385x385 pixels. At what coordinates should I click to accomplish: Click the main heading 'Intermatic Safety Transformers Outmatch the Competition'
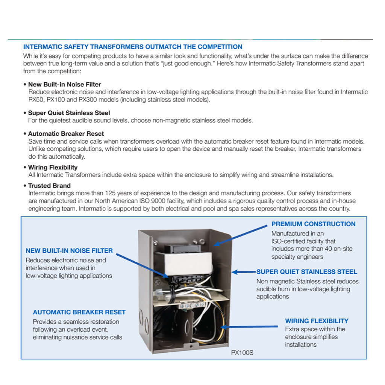(132, 47)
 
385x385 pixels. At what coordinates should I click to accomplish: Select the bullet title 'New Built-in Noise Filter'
(64, 85)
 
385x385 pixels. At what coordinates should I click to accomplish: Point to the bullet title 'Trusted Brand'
(49, 186)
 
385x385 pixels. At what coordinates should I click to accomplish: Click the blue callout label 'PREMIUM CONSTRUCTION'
(313, 224)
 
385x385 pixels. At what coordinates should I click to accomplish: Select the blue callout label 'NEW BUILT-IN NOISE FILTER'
(69, 251)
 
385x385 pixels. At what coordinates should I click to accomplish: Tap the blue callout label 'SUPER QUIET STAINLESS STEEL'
(306, 272)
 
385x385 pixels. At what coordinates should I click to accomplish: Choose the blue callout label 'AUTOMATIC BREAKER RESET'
(79, 312)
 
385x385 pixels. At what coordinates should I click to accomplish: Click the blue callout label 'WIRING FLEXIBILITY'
(317, 321)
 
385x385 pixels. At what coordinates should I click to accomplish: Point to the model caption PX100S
(242, 353)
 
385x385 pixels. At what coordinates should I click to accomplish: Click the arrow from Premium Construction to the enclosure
(241, 235)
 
